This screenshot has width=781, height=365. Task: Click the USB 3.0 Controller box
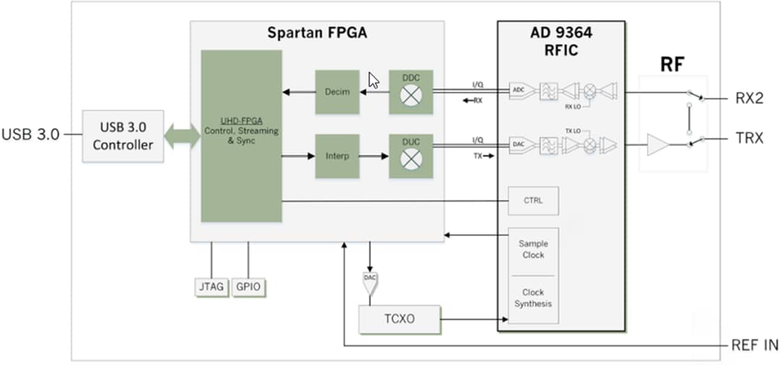(122, 136)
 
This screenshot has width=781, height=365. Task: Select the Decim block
(337, 92)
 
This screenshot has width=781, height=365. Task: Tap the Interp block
(337, 156)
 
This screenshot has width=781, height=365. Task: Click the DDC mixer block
(411, 92)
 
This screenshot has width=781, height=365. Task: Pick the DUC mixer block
(411, 156)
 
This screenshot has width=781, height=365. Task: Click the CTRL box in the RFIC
(534, 201)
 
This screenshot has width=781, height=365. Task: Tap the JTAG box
(210, 287)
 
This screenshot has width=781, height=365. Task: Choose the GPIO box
(248, 287)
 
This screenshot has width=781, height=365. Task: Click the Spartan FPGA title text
(316, 33)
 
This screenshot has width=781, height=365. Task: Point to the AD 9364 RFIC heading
(560, 42)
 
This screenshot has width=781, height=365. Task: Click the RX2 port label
(749, 99)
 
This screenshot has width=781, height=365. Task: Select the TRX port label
(749, 138)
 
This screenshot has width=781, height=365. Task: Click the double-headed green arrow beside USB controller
(182, 136)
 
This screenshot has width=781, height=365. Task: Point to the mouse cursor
(373, 80)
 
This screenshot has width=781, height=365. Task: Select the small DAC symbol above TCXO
(370, 280)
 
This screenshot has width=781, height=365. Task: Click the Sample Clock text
(533, 249)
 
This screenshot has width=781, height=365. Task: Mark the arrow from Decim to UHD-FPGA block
(298, 92)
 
